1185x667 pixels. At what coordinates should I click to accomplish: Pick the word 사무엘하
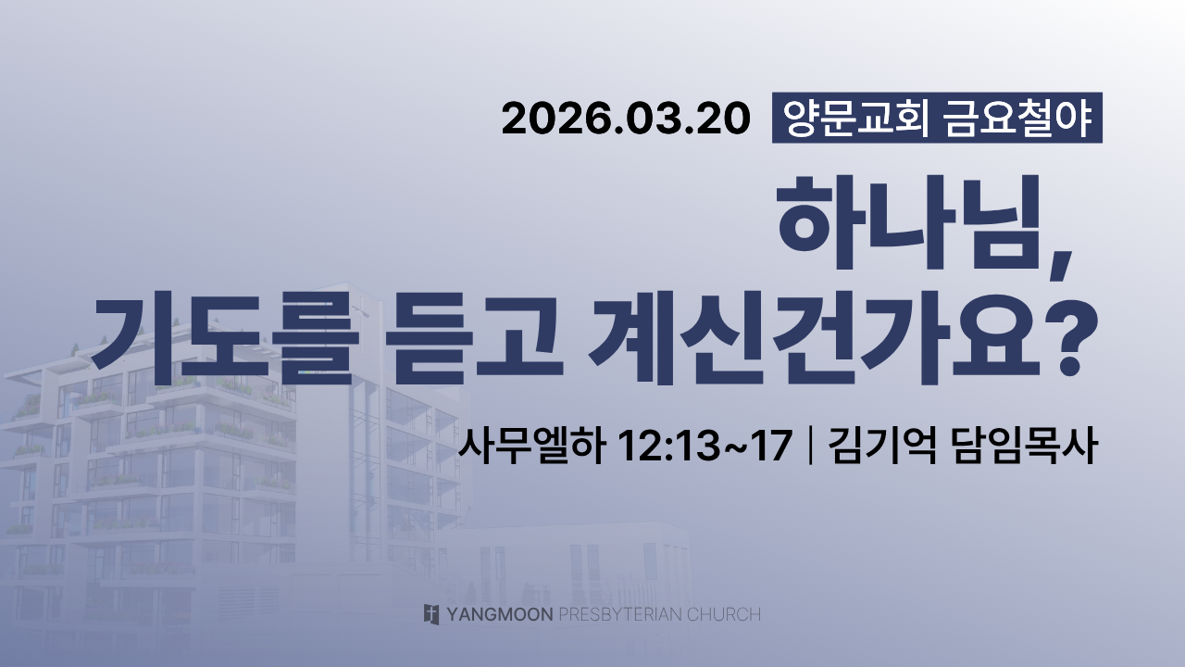coord(531,446)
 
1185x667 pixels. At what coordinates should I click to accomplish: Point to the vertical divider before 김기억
coord(810,446)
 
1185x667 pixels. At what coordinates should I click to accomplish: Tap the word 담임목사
coord(1025,446)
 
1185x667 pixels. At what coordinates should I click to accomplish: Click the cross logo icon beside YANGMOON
coord(431,614)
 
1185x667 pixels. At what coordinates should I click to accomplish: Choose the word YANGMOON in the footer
coord(500,614)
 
